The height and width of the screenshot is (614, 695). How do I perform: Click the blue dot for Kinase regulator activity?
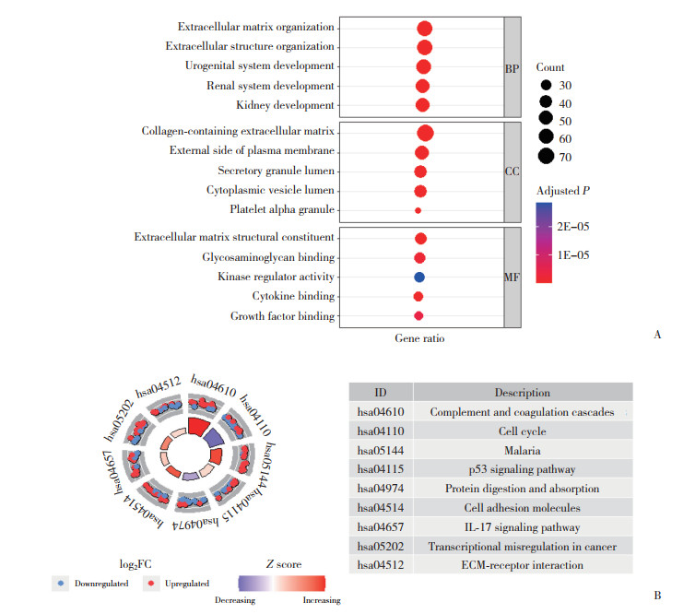[419, 277]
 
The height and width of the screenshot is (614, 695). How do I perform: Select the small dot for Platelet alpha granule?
[418, 211]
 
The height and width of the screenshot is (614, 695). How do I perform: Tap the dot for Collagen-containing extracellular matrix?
[425, 133]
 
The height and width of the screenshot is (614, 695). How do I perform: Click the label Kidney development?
[285, 106]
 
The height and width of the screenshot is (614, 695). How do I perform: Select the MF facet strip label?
[512, 276]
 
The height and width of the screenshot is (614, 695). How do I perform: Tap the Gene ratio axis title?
[419, 338]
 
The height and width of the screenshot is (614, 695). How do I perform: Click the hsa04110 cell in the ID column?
[381, 431]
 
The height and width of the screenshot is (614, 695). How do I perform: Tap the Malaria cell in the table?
[522, 450]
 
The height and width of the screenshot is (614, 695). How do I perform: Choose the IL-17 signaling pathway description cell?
[522, 527]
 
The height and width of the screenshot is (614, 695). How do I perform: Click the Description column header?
[522, 392]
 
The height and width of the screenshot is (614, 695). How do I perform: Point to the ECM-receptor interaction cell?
[522, 566]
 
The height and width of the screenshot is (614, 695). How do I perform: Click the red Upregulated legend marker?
[150, 583]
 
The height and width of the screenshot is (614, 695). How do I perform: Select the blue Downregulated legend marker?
[61, 583]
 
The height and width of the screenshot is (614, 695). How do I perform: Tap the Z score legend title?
[282, 564]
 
